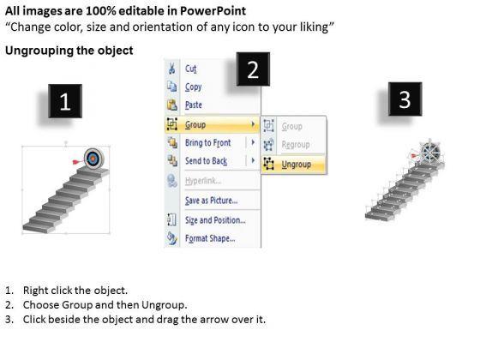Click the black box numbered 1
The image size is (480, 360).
65,101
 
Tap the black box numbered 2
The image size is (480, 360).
253,69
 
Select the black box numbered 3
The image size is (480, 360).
405,99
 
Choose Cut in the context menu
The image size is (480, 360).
190,69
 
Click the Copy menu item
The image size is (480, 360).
193,87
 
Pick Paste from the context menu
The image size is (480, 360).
194,105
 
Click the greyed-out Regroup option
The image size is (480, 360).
296,145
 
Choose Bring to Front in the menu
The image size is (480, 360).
207,142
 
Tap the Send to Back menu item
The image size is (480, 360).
206,161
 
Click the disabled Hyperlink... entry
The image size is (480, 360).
203,181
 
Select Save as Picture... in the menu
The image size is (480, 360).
211,201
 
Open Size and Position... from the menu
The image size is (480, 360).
215,220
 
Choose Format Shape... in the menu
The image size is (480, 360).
210,238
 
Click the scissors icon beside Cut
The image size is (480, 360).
171,69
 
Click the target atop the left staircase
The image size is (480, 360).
93,159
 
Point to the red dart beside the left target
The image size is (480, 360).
79,161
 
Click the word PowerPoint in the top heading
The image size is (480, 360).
213,11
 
